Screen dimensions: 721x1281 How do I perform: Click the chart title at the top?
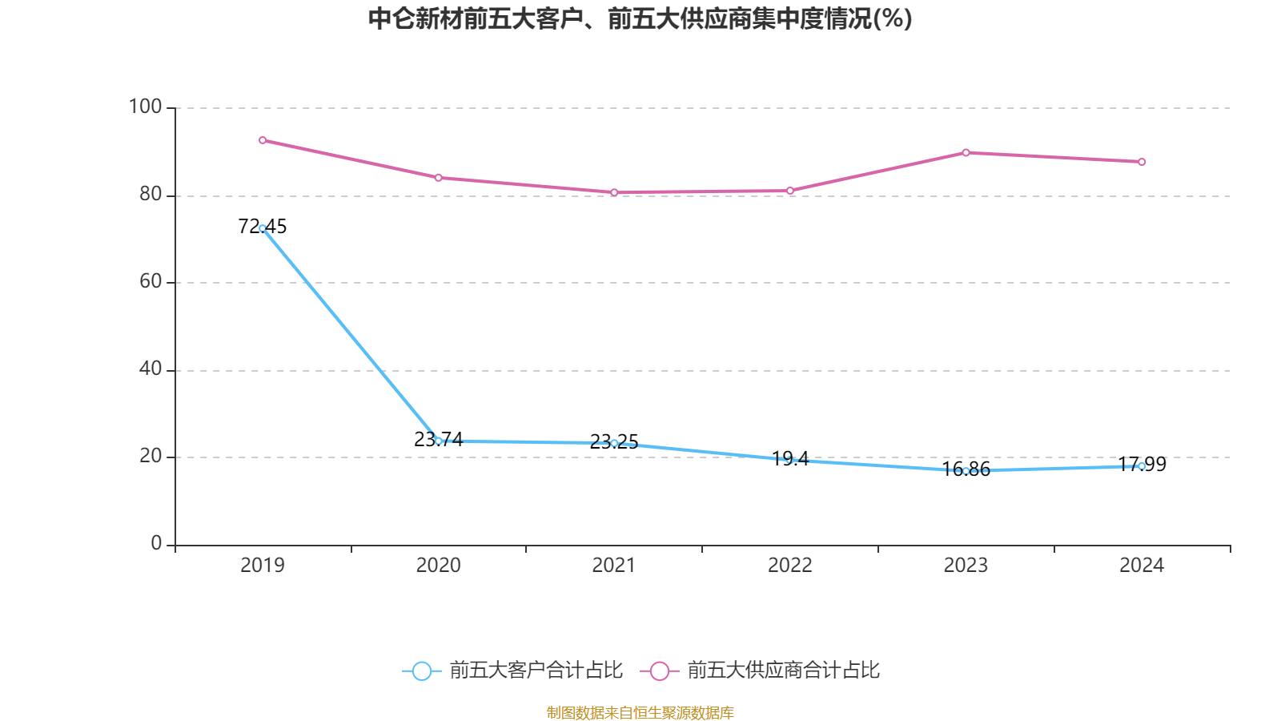click(x=640, y=18)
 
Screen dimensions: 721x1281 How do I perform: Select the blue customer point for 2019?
click(x=263, y=228)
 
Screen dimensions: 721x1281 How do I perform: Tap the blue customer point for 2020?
click(x=438, y=441)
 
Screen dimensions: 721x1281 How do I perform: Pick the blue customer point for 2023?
click(x=966, y=471)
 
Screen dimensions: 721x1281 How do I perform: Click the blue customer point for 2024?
click(x=1142, y=466)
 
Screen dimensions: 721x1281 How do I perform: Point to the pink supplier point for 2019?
click(x=263, y=140)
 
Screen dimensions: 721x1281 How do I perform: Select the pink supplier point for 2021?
click(x=614, y=192)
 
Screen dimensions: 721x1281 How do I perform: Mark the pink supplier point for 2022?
click(x=790, y=191)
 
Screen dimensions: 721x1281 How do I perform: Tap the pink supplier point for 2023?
click(x=966, y=152)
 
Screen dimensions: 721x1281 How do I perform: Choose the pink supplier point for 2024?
click(x=1142, y=162)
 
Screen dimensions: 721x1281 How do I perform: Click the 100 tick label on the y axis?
click(x=145, y=107)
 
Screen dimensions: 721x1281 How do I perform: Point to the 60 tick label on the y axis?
click(x=150, y=281)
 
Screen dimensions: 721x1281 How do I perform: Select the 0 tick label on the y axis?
click(x=156, y=543)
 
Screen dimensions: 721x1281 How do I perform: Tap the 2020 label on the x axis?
click(x=438, y=566)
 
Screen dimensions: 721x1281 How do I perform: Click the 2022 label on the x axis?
click(x=790, y=566)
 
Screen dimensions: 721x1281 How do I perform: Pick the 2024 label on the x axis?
click(x=1142, y=566)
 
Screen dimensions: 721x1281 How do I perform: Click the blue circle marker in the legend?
click(x=421, y=671)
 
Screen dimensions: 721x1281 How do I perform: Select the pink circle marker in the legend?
click(x=659, y=671)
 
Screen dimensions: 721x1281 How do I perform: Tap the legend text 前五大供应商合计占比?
click(x=783, y=671)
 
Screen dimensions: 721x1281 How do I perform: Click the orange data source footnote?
click(x=640, y=712)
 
